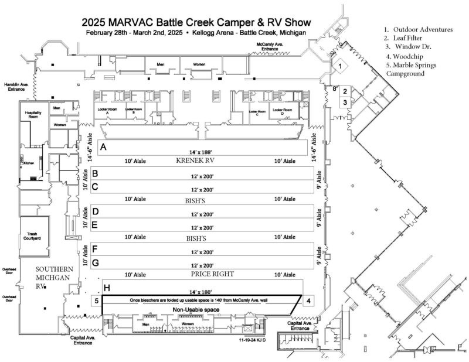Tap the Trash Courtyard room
pyautogui.click(x=32, y=236)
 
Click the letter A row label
pyautogui.click(x=104, y=146)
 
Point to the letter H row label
pyautogui.click(x=107, y=288)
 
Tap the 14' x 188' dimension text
pyautogui.click(x=205, y=152)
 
